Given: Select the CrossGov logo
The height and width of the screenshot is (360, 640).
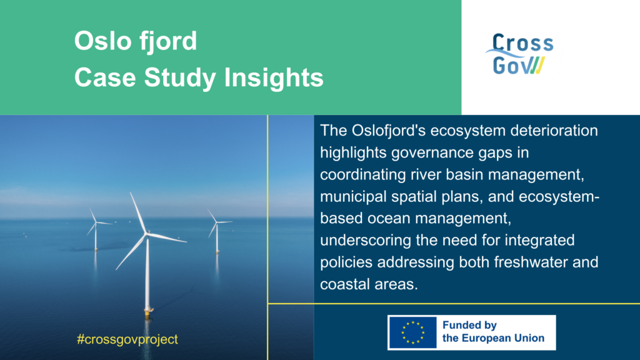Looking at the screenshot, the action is [519, 54].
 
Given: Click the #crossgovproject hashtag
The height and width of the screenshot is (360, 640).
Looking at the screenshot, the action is [127, 339].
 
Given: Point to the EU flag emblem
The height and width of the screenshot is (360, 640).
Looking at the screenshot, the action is [412, 332].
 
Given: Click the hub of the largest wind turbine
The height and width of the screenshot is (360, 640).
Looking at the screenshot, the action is [146, 233].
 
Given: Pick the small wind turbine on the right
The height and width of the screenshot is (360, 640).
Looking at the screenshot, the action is [217, 231].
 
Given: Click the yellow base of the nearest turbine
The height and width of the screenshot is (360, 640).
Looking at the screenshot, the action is [148, 312].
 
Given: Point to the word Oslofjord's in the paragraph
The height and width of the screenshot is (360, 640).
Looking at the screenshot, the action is [388, 131].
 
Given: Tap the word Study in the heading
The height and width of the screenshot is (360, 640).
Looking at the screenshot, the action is [180, 78].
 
